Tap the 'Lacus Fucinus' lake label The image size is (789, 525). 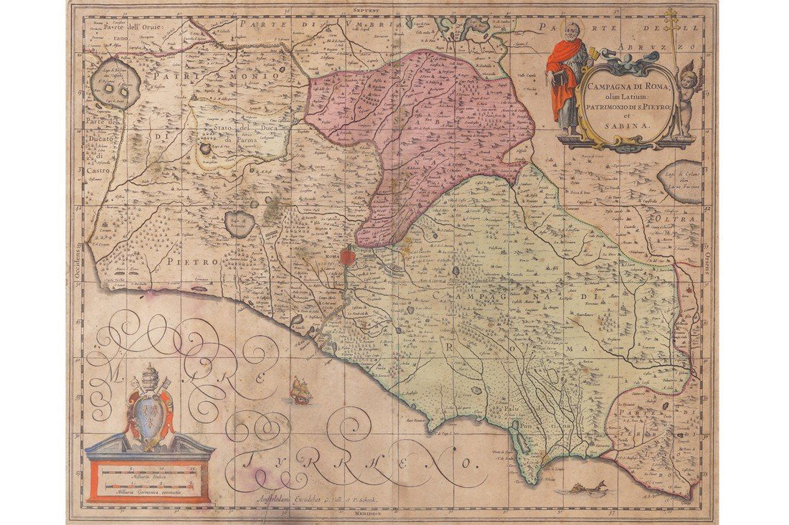pos(680,186)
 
